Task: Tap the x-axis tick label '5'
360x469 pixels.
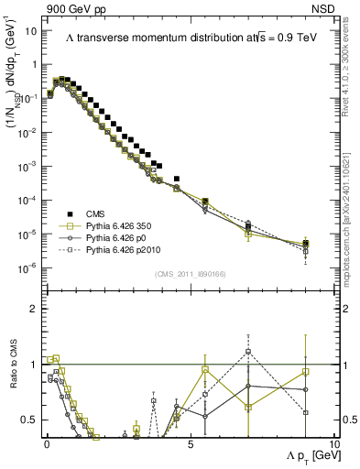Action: point(190,444)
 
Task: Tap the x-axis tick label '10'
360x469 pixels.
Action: point(334,444)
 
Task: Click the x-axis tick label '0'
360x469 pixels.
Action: point(45,444)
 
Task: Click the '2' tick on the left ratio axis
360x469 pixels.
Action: point(35,308)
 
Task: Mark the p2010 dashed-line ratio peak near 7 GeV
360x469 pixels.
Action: point(248,351)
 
